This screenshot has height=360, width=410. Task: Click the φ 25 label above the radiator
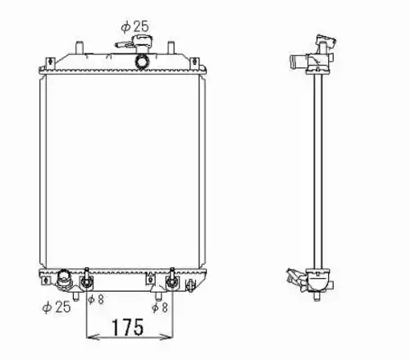tap(135, 26)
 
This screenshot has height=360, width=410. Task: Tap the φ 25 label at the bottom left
tap(57, 307)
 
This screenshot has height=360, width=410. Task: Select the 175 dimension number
tap(128, 327)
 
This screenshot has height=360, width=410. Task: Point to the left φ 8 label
tap(96, 299)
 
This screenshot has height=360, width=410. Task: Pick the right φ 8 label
tap(160, 308)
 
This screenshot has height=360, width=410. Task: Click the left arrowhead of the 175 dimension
tap(93, 337)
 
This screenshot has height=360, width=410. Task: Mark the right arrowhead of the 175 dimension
tap(166, 337)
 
